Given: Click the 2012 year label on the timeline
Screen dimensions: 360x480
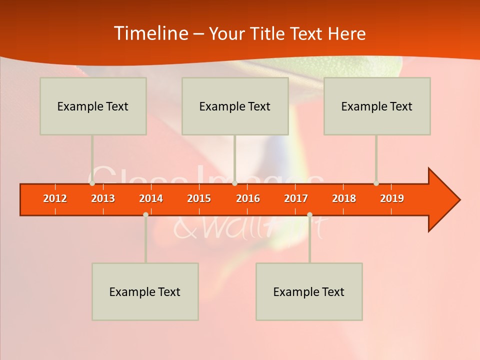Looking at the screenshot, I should (x=55, y=198).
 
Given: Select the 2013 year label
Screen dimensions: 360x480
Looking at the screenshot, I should (x=103, y=198).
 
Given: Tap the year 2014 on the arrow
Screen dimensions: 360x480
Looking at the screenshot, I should (x=151, y=198).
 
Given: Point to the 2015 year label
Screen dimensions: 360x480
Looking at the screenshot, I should (x=199, y=198).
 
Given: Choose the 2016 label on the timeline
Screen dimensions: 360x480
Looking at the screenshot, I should (x=248, y=198).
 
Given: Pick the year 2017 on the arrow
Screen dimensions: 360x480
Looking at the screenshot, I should (x=296, y=198).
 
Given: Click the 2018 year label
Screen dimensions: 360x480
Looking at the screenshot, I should (x=344, y=198).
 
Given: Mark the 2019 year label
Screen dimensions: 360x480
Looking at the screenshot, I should (x=392, y=198).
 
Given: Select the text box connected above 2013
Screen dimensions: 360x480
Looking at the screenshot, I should (x=93, y=106).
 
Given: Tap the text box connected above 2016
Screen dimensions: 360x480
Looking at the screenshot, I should (x=235, y=106).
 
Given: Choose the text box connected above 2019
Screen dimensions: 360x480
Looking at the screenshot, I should (x=377, y=106).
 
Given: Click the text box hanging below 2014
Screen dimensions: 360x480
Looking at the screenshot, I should (x=145, y=291).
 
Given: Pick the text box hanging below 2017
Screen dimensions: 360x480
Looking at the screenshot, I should (x=309, y=291).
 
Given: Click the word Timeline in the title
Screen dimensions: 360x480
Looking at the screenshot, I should (x=149, y=33).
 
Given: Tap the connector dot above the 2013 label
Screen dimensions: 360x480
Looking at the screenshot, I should (x=92, y=183).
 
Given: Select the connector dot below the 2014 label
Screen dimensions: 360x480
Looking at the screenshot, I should (x=145, y=214).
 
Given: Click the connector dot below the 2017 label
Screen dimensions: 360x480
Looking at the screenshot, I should (x=309, y=214).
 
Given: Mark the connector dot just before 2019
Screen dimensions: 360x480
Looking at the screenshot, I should (x=376, y=183).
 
